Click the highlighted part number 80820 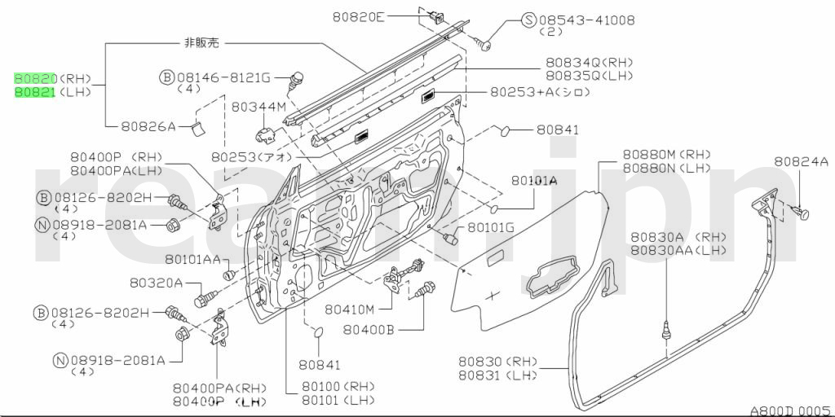pyautogui.click(x=35, y=79)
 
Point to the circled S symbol pyautogui.click(x=528, y=20)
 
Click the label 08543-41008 pyautogui.click(x=587, y=20)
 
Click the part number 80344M pyautogui.click(x=258, y=107)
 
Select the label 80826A pyautogui.click(x=148, y=126)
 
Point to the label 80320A pyautogui.click(x=155, y=283)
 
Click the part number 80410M pyautogui.click(x=349, y=309)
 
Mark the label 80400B pyautogui.click(x=368, y=330)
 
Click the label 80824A pyautogui.click(x=801, y=161)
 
